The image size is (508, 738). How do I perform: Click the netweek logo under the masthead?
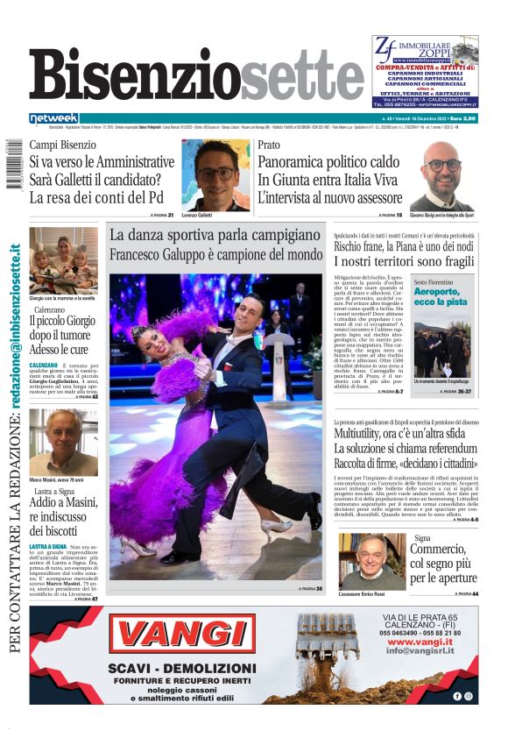tap(53, 117)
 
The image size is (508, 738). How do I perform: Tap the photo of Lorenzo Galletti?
tap(215, 174)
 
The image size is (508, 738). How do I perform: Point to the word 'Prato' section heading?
tap(269, 145)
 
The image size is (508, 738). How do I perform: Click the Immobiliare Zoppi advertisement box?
tap(424, 72)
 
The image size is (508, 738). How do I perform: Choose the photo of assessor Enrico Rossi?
tap(370, 561)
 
